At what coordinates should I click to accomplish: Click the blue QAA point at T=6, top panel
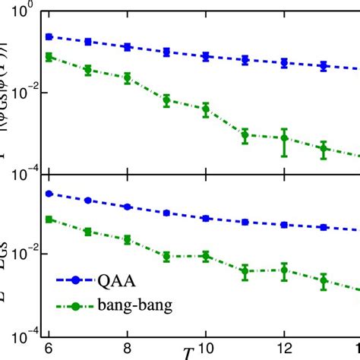coord(49,36)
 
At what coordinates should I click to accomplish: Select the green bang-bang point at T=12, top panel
coord(283,138)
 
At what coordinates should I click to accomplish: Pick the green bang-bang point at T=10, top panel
coord(205,109)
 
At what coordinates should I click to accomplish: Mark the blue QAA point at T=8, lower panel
coord(127,207)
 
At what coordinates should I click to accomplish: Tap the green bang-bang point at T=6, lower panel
coord(49,219)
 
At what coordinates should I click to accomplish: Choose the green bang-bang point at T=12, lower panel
coord(283,270)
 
